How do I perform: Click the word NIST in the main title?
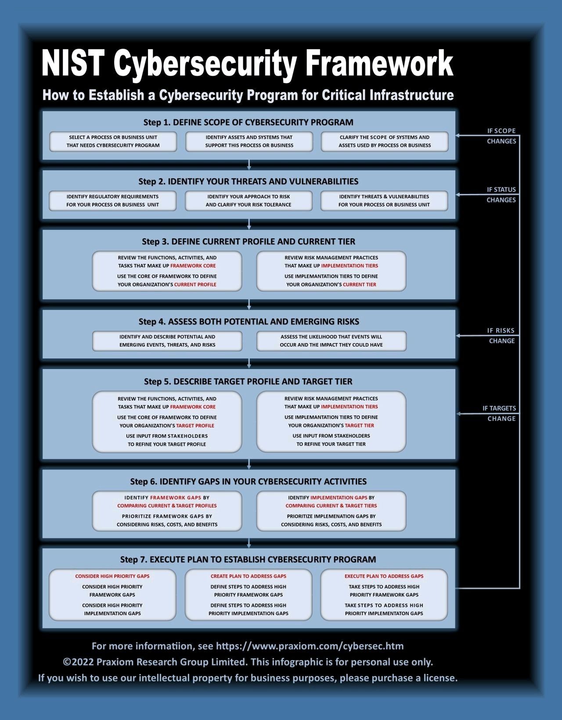click(72, 64)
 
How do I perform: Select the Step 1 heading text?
click(249, 122)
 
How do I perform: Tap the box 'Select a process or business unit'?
click(113, 141)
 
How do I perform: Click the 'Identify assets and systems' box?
click(249, 141)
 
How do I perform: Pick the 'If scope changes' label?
click(501, 136)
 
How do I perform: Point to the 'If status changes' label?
click(501, 195)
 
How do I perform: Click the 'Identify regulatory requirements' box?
click(113, 201)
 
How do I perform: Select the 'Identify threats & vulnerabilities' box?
click(384, 201)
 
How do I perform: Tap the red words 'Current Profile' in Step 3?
click(195, 285)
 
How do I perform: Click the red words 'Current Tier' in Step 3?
click(360, 285)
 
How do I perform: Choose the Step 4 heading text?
click(249, 322)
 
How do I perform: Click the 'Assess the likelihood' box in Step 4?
click(331, 341)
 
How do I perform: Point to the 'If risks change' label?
click(501, 336)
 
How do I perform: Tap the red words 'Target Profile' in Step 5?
click(195, 426)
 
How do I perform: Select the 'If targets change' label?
click(500, 413)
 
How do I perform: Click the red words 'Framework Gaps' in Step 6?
click(176, 498)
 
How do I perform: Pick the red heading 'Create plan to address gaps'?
click(249, 576)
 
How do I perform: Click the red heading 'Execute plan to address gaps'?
click(384, 576)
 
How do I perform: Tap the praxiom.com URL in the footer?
click(310, 646)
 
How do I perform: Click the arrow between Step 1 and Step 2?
click(249, 165)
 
